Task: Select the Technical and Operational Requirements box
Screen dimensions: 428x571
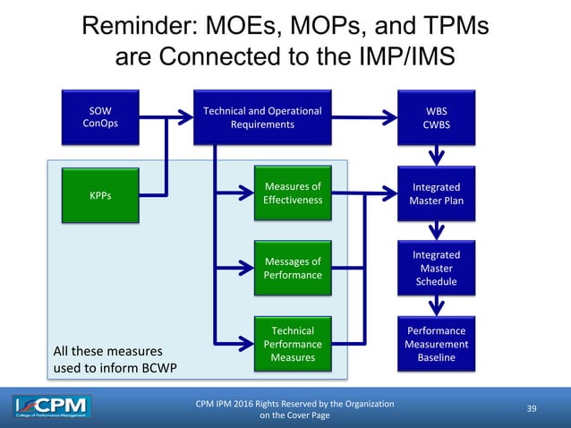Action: [262, 117]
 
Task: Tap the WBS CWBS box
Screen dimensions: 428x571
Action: [437, 117]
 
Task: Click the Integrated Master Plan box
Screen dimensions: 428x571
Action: [437, 193]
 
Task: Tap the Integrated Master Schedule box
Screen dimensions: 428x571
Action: [437, 268]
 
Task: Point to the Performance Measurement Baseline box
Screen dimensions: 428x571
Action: [437, 344]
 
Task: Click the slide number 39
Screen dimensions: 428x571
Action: [532, 409]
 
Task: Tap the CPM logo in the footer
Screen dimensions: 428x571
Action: [52, 408]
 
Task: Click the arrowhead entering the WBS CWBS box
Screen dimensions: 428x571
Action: [390, 117]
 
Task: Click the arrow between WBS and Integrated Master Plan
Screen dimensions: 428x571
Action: [437, 156]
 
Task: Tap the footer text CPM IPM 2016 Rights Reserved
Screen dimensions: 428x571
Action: [294, 404]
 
